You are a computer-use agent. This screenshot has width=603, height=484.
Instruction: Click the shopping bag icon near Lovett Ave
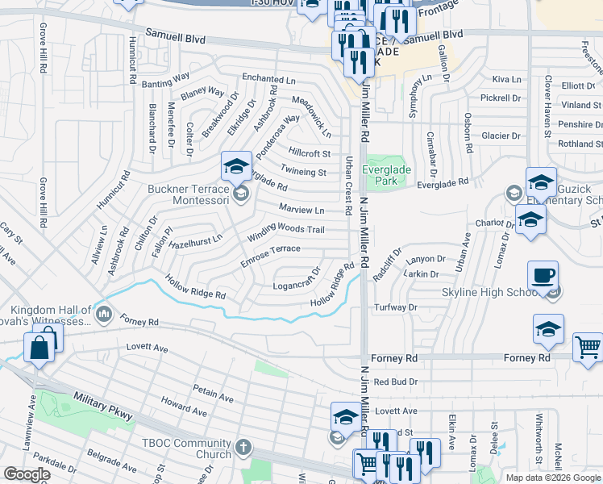click(x=38, y=349)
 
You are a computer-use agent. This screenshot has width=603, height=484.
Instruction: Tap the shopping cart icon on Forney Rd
click(x=588, y=348)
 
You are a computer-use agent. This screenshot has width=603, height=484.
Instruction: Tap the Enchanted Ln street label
click(x=269, y=79)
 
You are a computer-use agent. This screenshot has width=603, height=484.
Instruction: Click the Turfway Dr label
click(x=396, y=307)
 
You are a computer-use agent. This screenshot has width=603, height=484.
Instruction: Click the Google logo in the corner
click(x=27, y=474)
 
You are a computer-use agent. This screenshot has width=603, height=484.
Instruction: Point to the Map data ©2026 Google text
click(x=552, y=478)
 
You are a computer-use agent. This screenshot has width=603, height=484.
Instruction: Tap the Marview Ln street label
click(x=301, y=210)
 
